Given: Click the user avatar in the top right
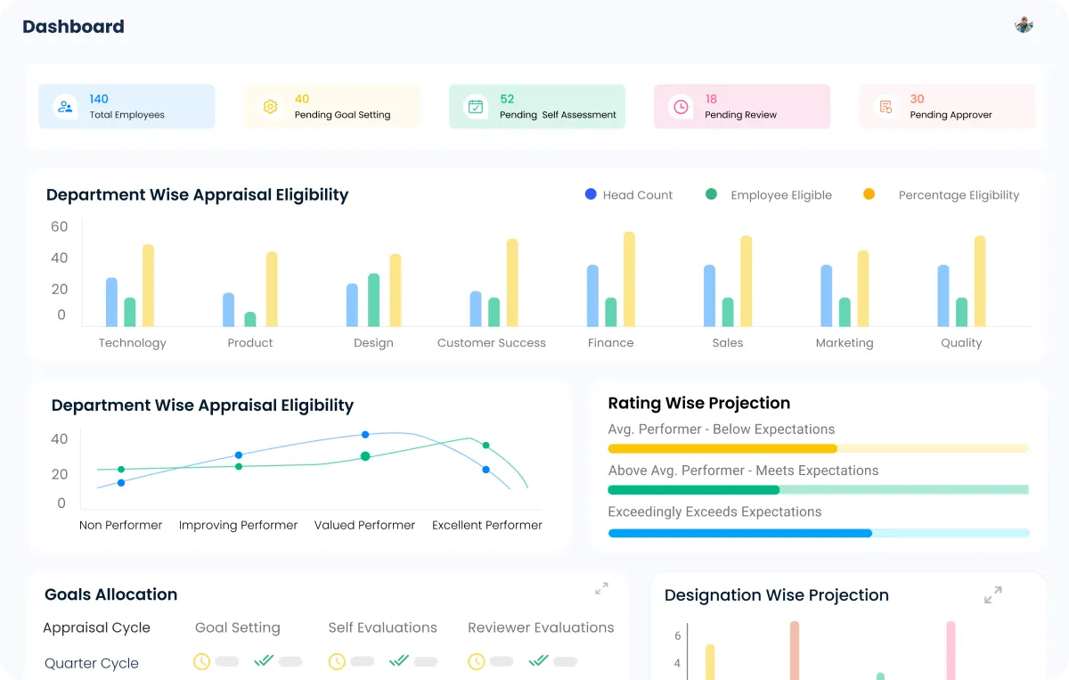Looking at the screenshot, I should [1024, 25].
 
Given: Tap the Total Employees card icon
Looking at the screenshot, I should [65, 107].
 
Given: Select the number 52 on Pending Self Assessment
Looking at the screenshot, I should [507, 99].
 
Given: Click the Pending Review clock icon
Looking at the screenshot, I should [681, 107].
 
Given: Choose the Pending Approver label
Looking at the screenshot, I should [951, 115].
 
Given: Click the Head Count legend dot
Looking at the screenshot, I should [591, 194].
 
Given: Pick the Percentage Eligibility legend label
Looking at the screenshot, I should [959, 195].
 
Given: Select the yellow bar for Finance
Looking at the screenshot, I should [629, 279].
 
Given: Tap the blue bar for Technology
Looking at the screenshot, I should [111, 302].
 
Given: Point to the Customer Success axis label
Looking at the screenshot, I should [491, 343].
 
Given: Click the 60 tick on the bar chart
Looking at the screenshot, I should [59, 226].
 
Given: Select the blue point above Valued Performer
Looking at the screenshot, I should [365, 435].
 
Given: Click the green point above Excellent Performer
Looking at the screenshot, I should [486, 446].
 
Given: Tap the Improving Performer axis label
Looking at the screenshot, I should [238, 526].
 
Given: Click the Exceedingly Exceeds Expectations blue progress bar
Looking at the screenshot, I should [739, 533].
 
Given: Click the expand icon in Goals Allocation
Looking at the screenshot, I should [601, 589].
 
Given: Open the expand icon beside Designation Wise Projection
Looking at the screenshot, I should [992, 594].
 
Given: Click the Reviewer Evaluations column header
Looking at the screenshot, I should [541, 628].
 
